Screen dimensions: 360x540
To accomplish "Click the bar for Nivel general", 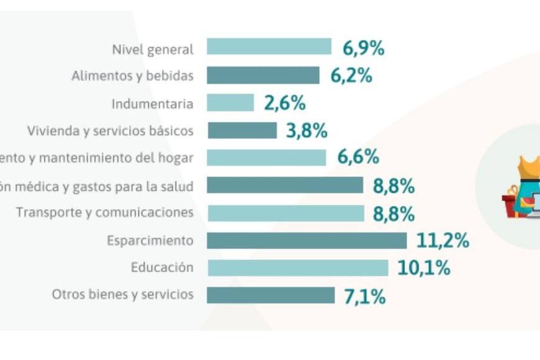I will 269,47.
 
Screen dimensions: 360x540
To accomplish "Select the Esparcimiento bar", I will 307,241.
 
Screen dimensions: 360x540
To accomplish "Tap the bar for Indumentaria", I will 230,103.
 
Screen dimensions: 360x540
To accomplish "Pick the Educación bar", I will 297,268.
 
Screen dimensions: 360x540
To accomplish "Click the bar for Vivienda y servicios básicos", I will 241,130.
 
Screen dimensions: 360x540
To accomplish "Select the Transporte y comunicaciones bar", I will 286,213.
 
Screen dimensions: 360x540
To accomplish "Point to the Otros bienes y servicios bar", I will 271,295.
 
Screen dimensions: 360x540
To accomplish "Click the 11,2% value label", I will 443,241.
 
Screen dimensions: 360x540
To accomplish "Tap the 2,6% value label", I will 285,103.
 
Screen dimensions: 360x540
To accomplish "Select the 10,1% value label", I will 424,268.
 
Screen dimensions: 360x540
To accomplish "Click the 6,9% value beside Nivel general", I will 364,48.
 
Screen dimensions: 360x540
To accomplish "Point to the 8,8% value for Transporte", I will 394,214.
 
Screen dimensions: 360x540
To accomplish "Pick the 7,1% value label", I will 365,296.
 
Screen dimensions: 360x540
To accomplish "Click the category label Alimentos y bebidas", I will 132,76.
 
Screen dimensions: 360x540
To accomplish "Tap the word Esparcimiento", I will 150,241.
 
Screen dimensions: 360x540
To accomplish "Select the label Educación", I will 162,268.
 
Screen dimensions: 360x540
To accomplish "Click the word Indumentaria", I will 153,104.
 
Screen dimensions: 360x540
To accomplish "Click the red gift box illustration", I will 511,205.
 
